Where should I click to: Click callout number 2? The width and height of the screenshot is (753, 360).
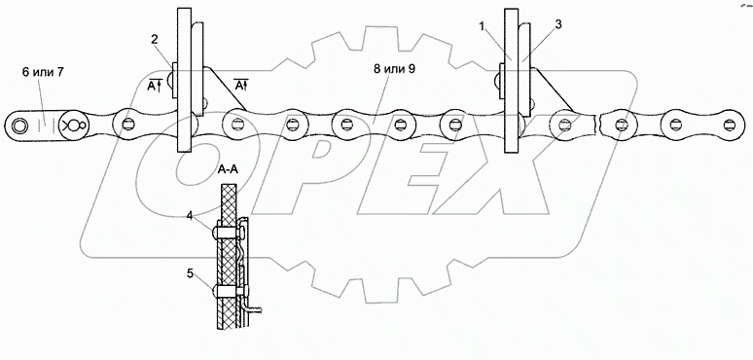[x=155, y=39]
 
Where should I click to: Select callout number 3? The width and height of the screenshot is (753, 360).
[x=558, y=25]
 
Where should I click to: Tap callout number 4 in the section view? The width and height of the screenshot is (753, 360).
[x=191, y=216]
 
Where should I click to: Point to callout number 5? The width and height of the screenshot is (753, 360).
[x=191, y=273]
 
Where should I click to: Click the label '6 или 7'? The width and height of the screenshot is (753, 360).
[x=43, y=72]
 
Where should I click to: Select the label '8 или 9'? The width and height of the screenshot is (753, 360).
[x=394, y=69]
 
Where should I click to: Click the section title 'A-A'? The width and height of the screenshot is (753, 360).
[x=227, y=170]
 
